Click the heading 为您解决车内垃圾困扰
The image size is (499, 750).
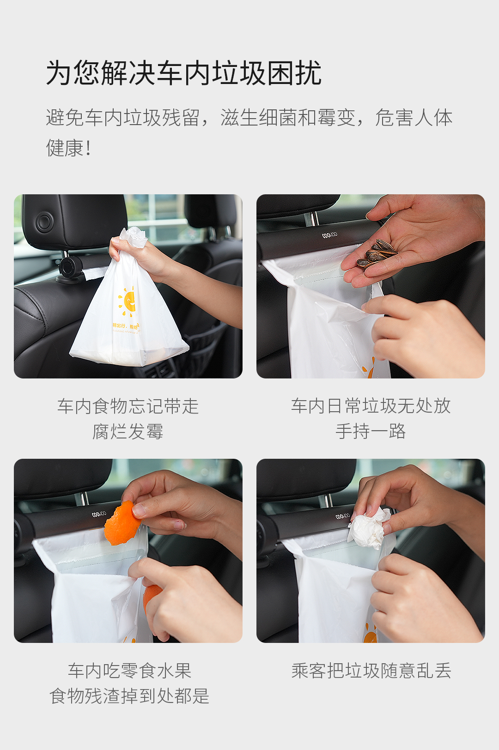click(x=183, y=72)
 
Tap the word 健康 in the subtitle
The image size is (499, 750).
click(x=65, y=148)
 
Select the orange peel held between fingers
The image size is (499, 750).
click(x=122, y=523)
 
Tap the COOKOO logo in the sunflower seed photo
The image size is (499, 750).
click(x=330, y=235)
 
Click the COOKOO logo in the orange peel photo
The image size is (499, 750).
click(x=99, y=514)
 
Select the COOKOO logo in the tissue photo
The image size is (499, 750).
click(x=343, y=516)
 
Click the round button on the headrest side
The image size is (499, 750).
click(x=44, y=222)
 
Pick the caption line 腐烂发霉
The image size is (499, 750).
click(x=128, y=431)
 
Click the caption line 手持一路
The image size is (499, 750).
click(x=371, y=431)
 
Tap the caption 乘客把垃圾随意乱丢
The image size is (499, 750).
click(x=371, y=670)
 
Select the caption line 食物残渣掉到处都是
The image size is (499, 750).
click(x=129, y=696)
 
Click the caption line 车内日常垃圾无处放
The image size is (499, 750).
click(x=371, y=406)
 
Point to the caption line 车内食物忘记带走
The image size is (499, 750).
click(x=128, y=406)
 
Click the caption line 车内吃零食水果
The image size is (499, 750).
click(x=129, y=670)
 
